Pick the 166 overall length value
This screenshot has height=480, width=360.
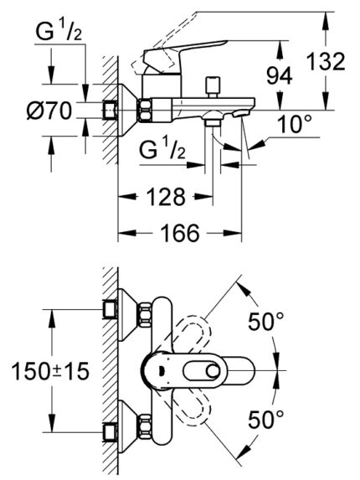coord(180,232)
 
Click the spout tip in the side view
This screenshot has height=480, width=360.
coord(243,112)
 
